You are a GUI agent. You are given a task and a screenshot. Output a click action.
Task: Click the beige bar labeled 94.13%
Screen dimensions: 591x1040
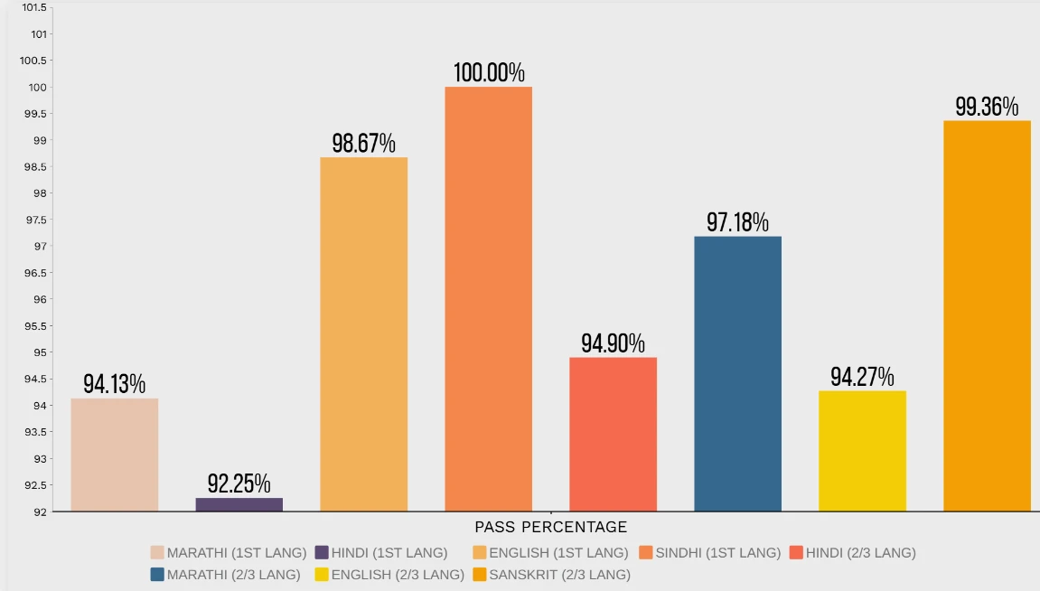pyautogui.click(x=114, y=455)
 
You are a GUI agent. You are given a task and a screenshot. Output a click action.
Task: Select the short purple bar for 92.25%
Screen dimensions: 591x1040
pyautogui.click(x=239, y=504)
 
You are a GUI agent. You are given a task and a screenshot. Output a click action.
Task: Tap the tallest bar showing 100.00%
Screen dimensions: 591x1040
pyautogui.click(x=488, y=298)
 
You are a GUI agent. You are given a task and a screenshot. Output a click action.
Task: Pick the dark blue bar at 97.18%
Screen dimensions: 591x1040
pyautogui.click(x=737, y=373)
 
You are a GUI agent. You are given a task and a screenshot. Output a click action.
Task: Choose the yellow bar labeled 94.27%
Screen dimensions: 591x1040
pyautogui.click(x=862, y=450)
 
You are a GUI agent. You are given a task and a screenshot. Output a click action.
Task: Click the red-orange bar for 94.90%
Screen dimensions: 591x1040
pyautogui.click(x=613, y=434)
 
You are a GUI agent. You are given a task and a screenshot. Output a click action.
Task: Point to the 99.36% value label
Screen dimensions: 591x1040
pyautogui.click(x=987, y=107)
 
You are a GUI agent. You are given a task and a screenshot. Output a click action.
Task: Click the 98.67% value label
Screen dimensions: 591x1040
pyautogui.click(x=363, y=144)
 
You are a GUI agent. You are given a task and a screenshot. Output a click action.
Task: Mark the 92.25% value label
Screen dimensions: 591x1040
pyautogui.click(x=239, y=483)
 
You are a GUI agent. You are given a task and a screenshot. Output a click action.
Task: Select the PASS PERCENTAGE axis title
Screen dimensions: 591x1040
pyautogui.click(x=550, y=527)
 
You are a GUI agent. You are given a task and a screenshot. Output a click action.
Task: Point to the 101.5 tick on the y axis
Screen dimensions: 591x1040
pyautogui.click(x=33, y=8)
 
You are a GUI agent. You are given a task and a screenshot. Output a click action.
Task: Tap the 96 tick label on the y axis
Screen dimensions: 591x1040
pyautogui.click(x=40, y=299)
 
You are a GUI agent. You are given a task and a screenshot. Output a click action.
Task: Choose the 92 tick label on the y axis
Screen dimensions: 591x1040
pyautogui.click(x=40, y=511)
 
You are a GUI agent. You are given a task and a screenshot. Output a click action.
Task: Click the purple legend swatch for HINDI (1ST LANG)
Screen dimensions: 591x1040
pyautogui.click(x=323, y=552)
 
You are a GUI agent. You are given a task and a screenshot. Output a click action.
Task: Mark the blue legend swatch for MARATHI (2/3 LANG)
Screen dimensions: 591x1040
pyautogui.click(x=158, y=574)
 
